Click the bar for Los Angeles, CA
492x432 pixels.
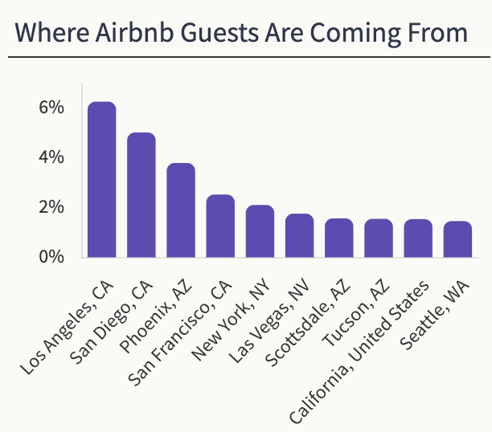click(102, 180)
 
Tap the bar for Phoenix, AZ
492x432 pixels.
click(181, 210)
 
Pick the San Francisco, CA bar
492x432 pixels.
click(220, 226)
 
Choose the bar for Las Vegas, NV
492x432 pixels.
click(299, 236)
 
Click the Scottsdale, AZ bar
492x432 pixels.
click(338, 238)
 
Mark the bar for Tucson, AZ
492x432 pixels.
click(378, 238)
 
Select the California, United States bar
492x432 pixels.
click(417, 238)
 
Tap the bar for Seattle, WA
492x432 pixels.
click(457, 239)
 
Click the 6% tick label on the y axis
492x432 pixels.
click(50, 108)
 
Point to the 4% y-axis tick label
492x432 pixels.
click(50, 157)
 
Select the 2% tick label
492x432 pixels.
click(50, 207)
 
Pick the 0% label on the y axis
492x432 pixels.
click(50, 257)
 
